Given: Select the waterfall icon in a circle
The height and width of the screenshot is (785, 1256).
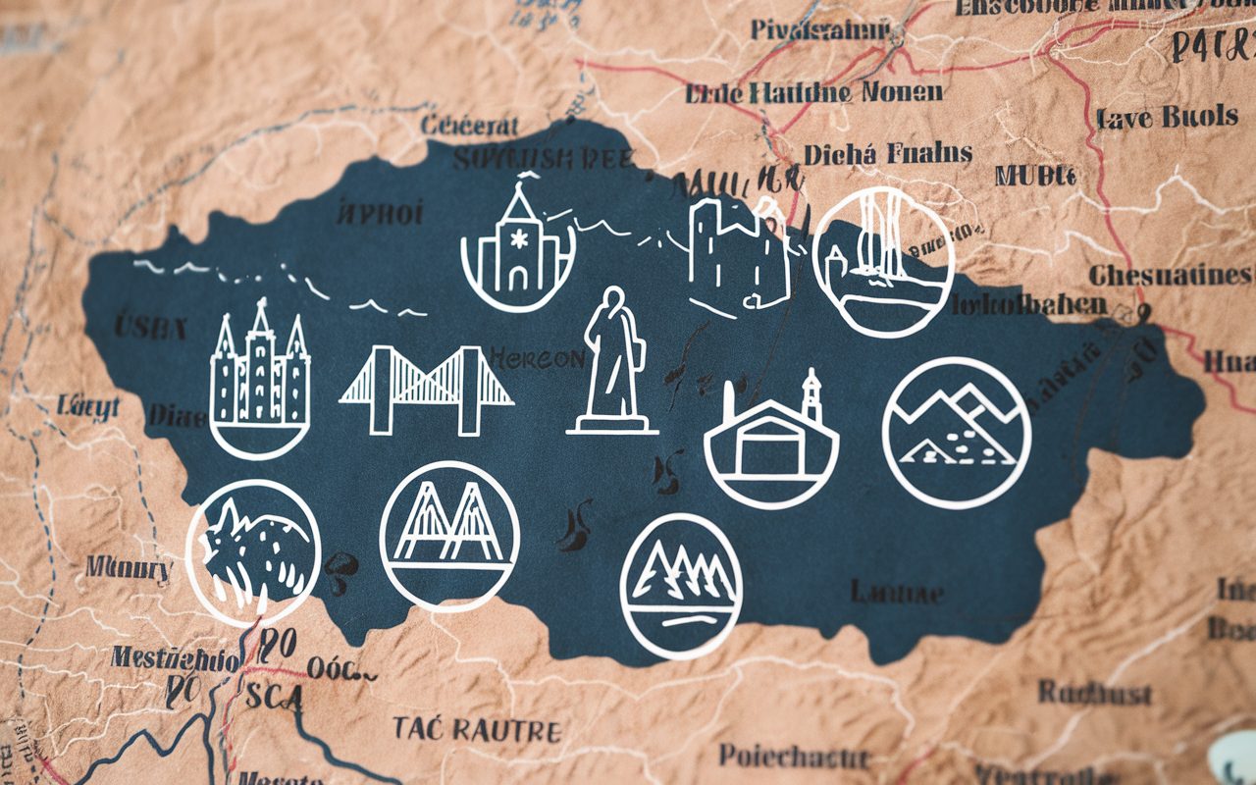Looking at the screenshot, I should pyautogui.click(x=883, y=260).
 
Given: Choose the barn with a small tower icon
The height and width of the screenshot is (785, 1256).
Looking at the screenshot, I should pyautogui.click(x=771, y=439).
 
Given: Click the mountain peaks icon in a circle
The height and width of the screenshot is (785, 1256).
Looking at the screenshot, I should pyautogui.click(x=956, y=432).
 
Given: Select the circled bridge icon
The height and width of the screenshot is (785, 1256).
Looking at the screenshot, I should pyautogui.click(x=449, y=536).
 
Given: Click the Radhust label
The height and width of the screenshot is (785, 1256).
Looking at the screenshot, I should pyautogui.click(x=1095, y=693).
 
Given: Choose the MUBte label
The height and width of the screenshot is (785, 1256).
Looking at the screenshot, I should pyautogui.click(x=1034, y=176).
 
